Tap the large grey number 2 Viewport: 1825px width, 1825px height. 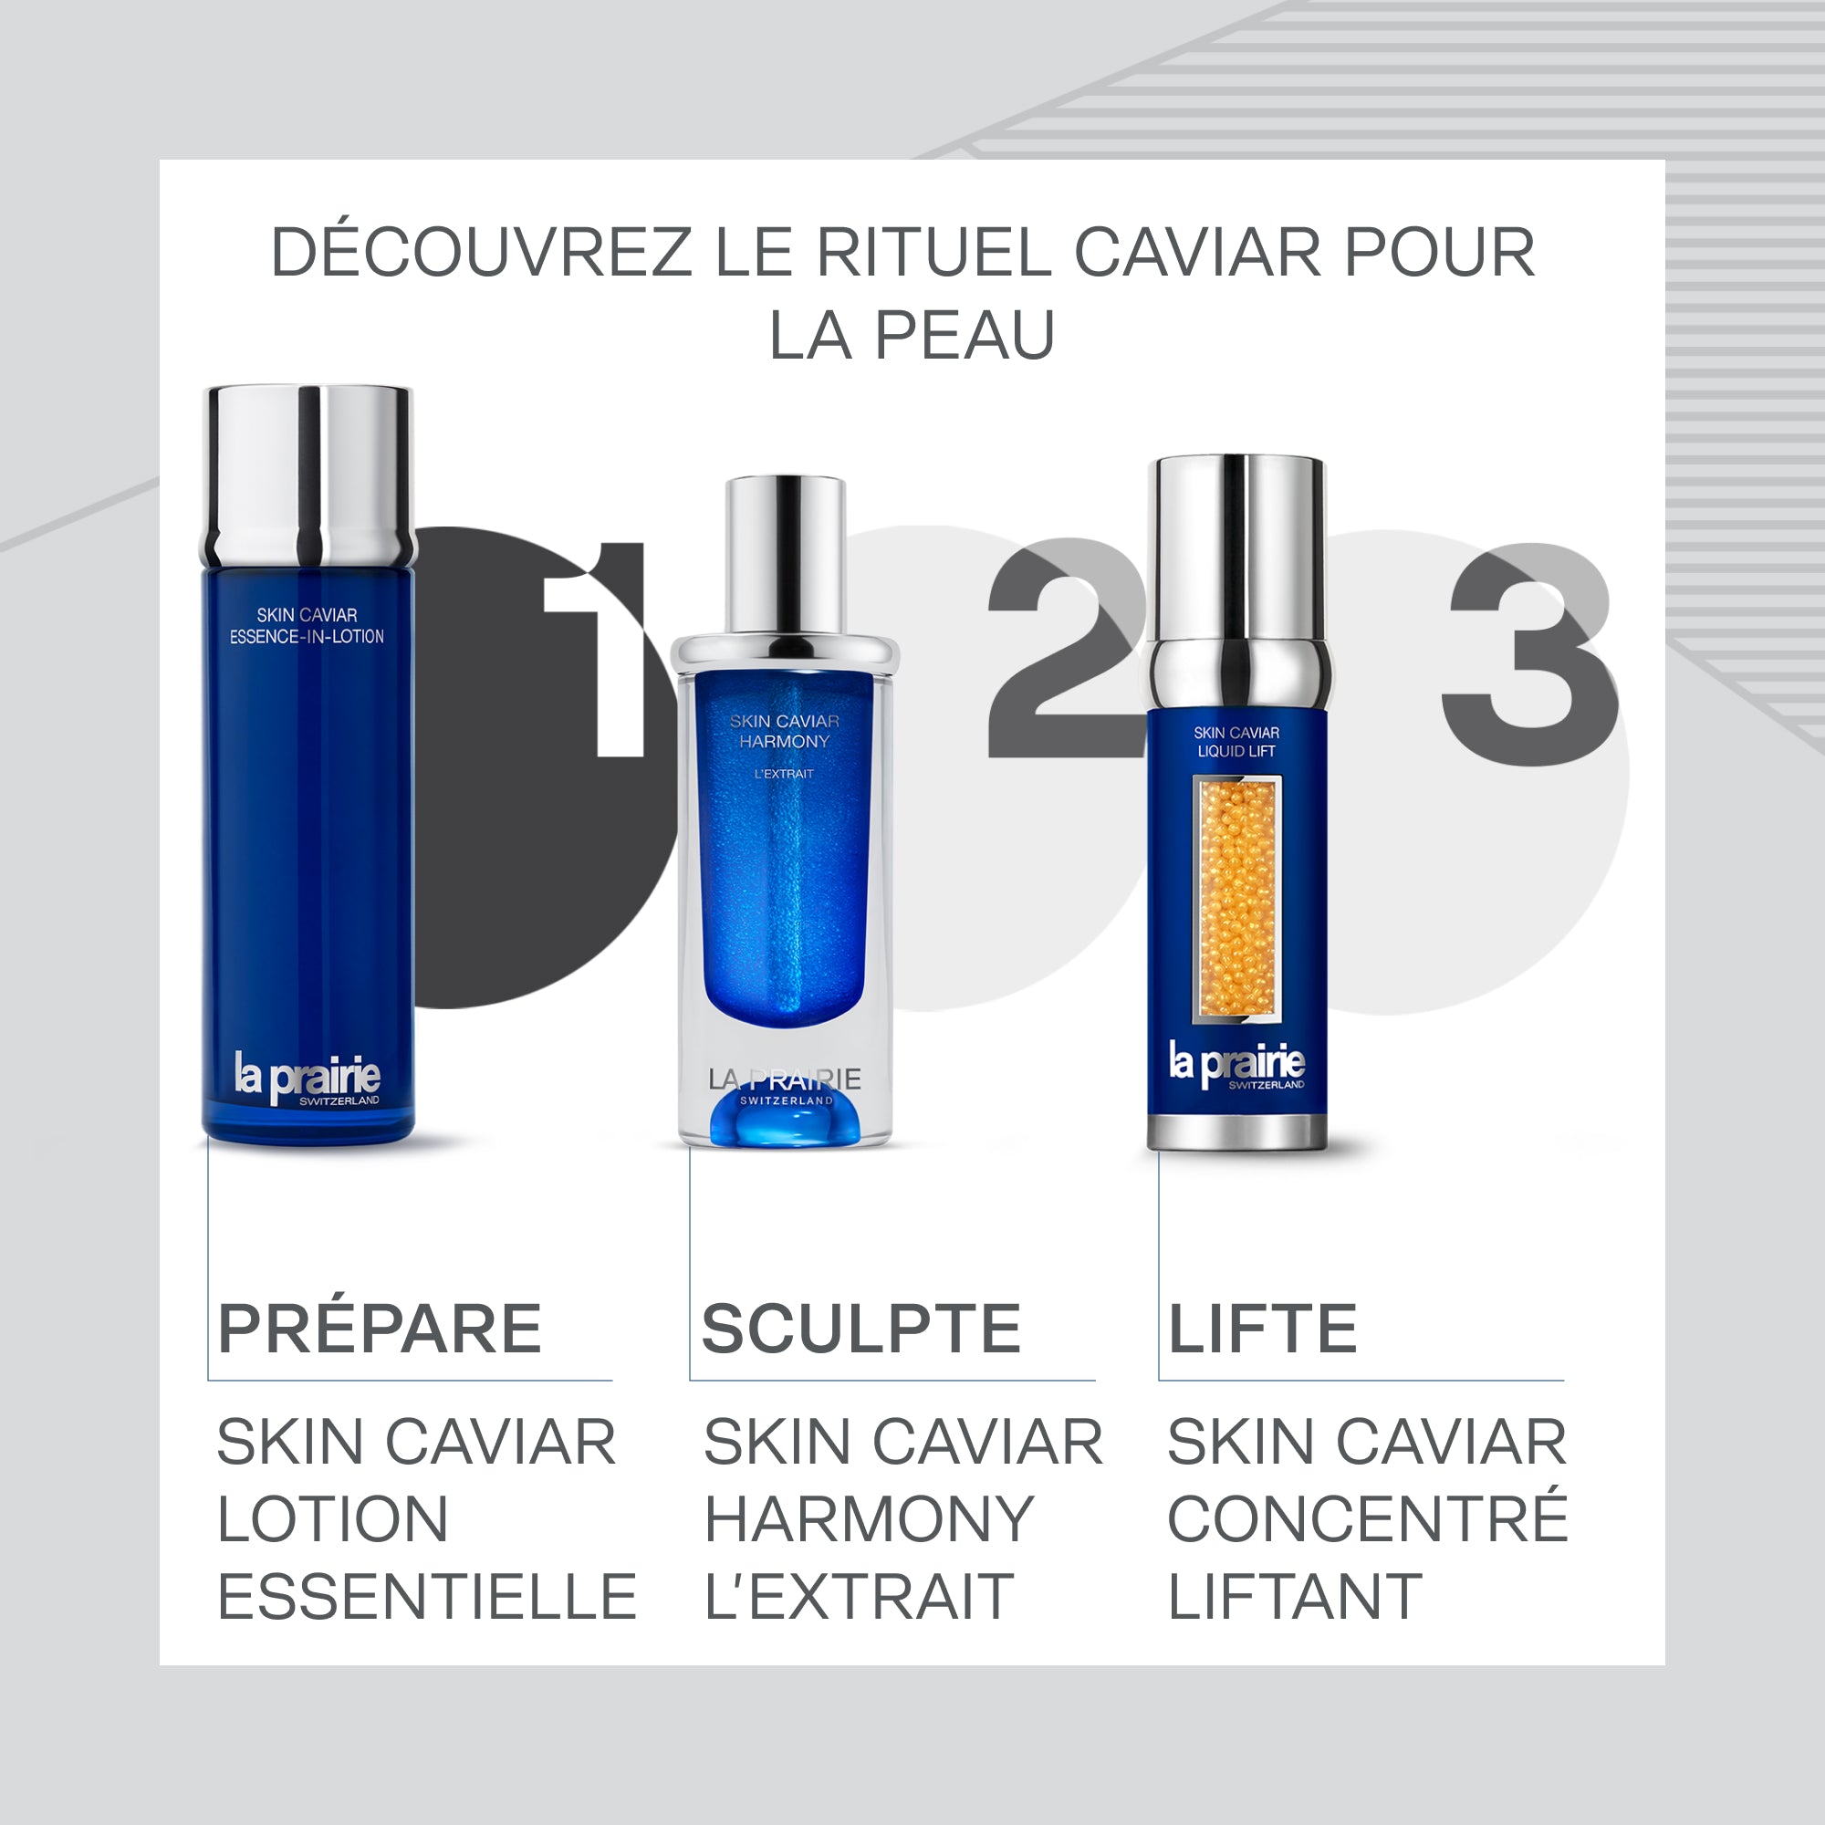coord(1063,652)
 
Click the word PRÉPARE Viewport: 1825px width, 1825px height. coord(380,1330)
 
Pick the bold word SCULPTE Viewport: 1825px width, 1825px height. coord(860,1330)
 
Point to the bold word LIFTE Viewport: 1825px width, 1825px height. coord(1263,1330)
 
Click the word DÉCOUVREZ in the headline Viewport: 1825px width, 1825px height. coord(482,253)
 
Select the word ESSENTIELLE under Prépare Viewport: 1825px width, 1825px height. coord(427,1596)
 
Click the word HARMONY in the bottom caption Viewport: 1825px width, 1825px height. coord(869,1520)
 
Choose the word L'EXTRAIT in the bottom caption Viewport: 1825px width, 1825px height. coord(859,1596)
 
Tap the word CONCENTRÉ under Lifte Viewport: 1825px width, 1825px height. coord(1367,1520)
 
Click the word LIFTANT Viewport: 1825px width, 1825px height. coord(1294,1596)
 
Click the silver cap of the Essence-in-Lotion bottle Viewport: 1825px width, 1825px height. coord(309,473)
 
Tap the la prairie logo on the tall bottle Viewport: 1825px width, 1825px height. coord(308,1077)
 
